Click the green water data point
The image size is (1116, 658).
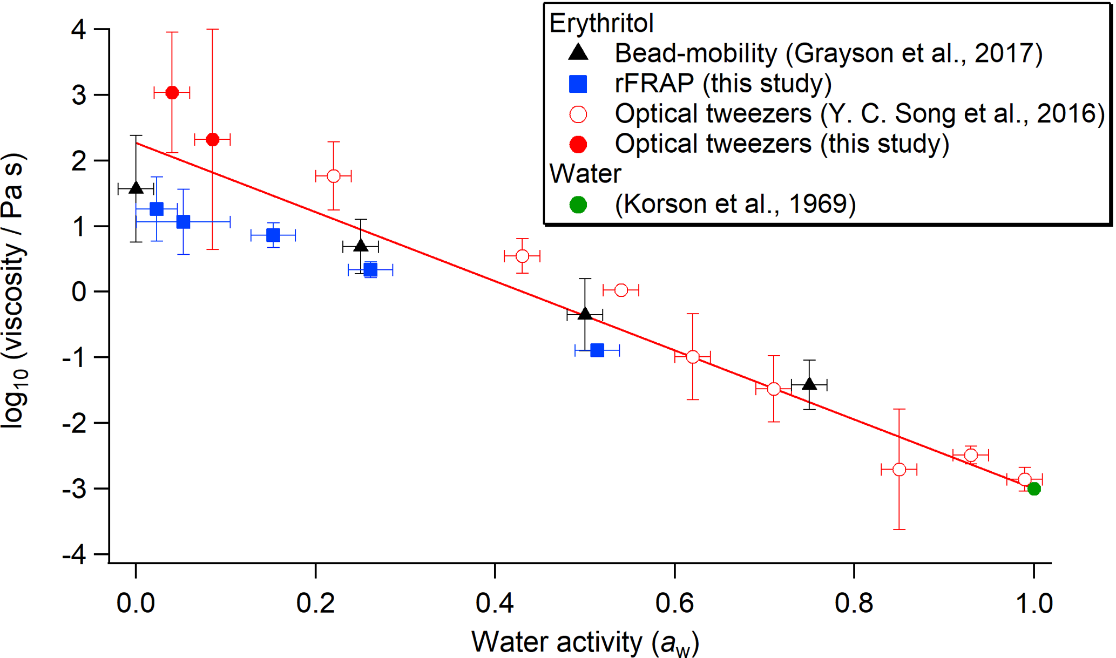[1033, 489]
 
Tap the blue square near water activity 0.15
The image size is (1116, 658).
[273, 235]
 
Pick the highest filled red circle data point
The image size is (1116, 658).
[172, 93]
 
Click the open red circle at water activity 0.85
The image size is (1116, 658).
[899, 470]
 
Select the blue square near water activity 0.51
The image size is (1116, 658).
[597, 350]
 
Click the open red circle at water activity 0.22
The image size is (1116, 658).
[334, 176]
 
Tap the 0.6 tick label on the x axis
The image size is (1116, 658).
[674, 603]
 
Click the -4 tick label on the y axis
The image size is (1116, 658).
[75, 555]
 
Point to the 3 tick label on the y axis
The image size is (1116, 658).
[79, 95]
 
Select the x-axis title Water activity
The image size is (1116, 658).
[585, 642]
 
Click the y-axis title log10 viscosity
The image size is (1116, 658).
[14, 291]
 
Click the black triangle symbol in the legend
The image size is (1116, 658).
[578, 52]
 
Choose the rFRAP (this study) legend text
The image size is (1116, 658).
[723, 83]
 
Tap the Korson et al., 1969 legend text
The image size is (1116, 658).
[735, 204]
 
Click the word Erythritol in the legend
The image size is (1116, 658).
[601, 23]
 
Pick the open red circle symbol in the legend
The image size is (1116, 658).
[578, 114]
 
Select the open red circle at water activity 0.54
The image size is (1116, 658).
[621, 290]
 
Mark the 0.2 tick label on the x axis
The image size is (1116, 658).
[315, 603]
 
